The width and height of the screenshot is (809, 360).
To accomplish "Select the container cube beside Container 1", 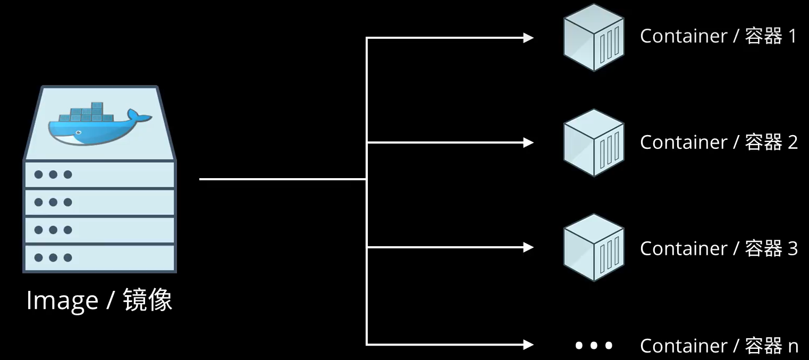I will [x=594, y=37].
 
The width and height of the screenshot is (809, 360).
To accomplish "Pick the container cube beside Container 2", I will [x=594, y=143].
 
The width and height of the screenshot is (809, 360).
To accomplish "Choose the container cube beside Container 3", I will [x=594, y=248].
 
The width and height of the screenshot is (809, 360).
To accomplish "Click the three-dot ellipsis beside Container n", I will [x=594, y=346].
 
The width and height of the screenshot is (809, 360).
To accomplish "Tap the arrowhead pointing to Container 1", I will [x=528, y=38].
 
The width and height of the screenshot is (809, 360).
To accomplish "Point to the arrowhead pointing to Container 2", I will [x=528, y=143].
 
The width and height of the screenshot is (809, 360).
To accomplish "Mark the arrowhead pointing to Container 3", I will [x=528, y=247].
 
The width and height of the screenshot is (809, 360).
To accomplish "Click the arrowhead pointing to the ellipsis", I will [x=528, y=345].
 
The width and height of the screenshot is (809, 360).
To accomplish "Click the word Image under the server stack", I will [x=62, y=301].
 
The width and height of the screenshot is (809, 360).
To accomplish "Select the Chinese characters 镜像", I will [x=147, y=300].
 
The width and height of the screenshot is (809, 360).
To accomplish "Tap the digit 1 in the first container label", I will [x=792, y=36].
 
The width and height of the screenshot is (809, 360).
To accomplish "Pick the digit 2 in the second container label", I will [x=792, y=143].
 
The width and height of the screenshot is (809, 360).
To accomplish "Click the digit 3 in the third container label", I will [x=792, y=248].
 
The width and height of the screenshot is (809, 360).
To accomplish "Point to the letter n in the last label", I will [x=793, y=347].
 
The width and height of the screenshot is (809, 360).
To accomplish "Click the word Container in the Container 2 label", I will [x=683, y=143].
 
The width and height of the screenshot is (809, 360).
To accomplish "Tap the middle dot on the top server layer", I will [x=53, y=174].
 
